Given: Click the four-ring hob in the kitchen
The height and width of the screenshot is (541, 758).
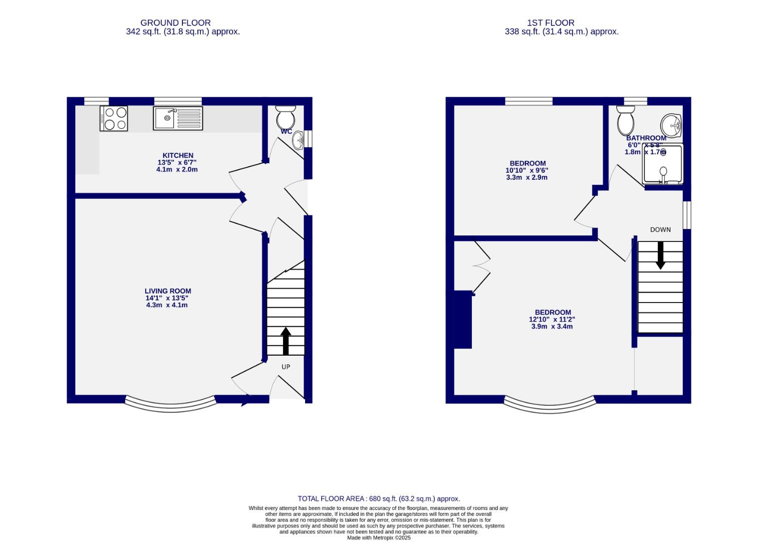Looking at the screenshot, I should tap(114, 118).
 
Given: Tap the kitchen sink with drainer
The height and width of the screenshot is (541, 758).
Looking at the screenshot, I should tap(178, 118).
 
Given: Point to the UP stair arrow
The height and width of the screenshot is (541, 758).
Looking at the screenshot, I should tap(286, 341).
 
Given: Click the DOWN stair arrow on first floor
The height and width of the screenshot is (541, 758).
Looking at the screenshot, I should tap(660, 255).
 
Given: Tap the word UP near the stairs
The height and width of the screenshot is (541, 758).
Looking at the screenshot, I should tap(286, 367).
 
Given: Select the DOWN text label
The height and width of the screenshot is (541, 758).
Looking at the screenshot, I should tap(660, 229).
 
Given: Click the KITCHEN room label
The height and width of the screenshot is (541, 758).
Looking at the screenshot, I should tap(178, 155).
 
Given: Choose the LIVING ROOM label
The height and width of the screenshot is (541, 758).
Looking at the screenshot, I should tap(168, 291).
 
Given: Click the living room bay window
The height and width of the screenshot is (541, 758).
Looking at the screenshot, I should tap(170, 405).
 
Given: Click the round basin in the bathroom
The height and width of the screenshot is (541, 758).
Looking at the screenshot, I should tap(670, 124).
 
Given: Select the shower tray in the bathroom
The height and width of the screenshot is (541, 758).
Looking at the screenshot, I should tap(663, 164).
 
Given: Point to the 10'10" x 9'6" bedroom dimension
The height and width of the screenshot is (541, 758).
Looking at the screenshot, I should tap(527, 170).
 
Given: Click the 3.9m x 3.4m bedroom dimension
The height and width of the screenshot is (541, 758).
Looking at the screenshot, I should tap(552, 327).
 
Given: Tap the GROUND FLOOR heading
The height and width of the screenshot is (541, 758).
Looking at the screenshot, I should tap(175, 23).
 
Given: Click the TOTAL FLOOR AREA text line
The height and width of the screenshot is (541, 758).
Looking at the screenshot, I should tap(379, 498).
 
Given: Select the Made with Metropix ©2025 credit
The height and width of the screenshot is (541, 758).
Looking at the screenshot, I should tap(379, 537).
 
